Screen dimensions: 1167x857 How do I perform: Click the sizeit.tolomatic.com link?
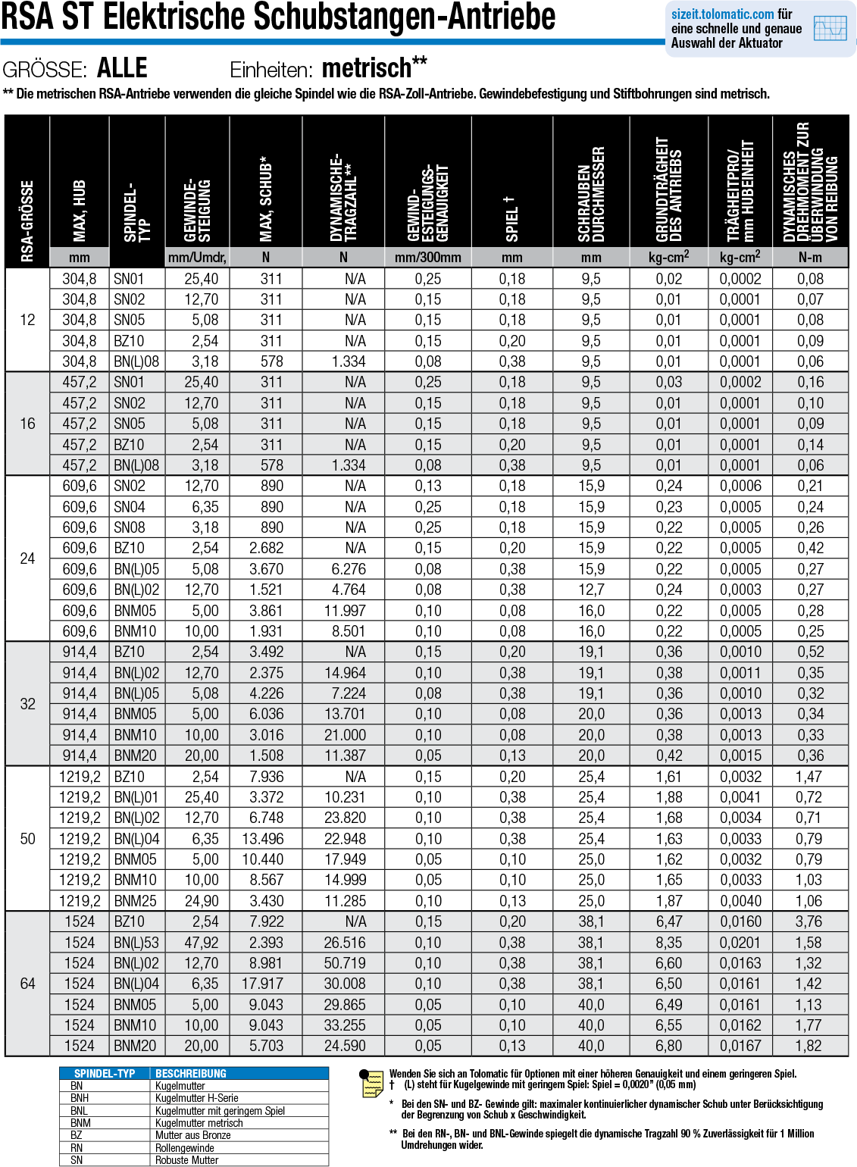point(722,14)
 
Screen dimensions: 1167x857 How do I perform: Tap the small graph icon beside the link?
point(830,29)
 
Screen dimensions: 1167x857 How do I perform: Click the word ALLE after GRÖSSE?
point(122,69)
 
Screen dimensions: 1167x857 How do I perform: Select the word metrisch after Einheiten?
point(367,69)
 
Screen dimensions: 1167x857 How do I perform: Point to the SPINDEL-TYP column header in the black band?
point(137,212)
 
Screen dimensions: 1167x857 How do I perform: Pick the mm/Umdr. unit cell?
point(197,258)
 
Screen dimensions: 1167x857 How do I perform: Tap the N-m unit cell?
point(810,258)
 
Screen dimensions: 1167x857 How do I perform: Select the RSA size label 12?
point(27,320)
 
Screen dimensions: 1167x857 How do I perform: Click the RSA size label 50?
point(27,839)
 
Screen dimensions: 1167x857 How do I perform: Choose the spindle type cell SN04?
point(130,507)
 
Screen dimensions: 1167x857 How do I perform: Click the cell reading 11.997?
point(345,611)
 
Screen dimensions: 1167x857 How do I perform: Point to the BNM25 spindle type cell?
point(136,901)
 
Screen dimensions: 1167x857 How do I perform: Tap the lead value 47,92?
point(202,943)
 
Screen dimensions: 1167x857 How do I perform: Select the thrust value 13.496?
point(263,839)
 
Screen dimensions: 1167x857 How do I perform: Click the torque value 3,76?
point(809,921)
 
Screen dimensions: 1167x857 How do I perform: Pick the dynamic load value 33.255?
point(345,1025)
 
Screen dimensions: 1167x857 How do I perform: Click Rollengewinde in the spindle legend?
point(185,1148)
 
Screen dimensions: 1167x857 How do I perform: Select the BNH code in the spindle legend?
point(80,1098)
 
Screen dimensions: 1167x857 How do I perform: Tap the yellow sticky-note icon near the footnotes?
point(372,1084)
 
